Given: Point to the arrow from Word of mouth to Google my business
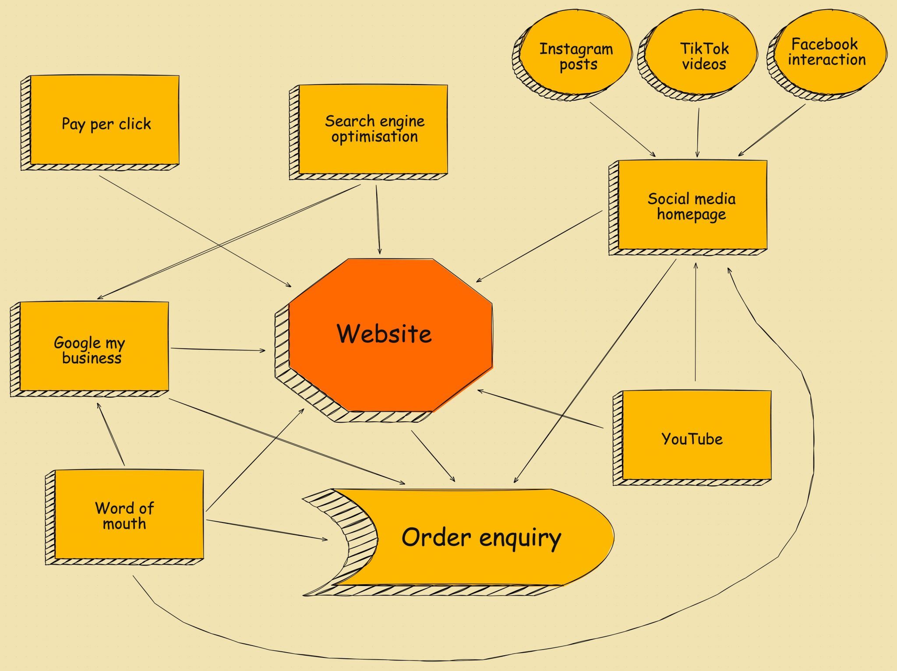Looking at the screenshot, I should [x=111, y=434].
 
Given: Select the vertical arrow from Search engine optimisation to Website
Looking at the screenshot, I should [x=378, y=219].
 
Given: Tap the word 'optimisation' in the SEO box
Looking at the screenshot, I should [x=374, y=137].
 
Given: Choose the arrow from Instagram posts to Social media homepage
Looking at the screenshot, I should [x=622, y=129].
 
